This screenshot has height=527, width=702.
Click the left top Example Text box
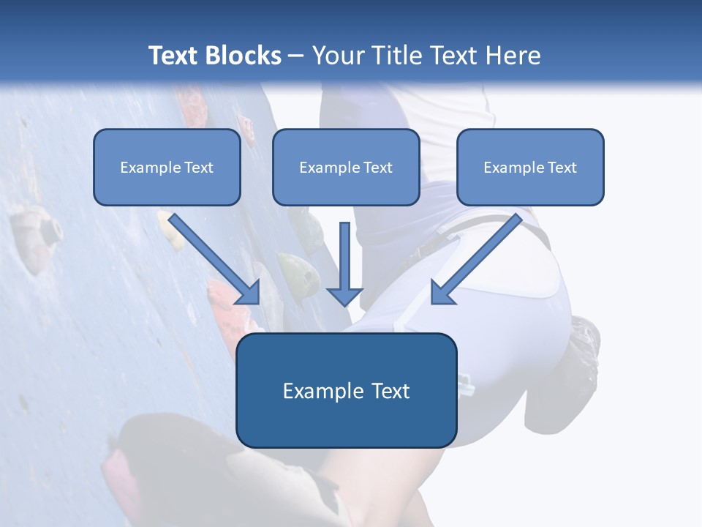pyautogui.click(x=167, y=167)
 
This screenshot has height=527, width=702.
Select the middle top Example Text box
pyautogui.click(x=346, y=167)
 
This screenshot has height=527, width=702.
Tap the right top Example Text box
pyautogui.click(x=530, y=167)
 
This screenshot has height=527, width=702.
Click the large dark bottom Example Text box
pyautogui.click(x=346, y=391)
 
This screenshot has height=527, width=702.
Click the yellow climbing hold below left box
pyautogui.click(x=173, y=231)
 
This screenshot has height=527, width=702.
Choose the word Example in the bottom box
pyautogui.click(x=317, y=391)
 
